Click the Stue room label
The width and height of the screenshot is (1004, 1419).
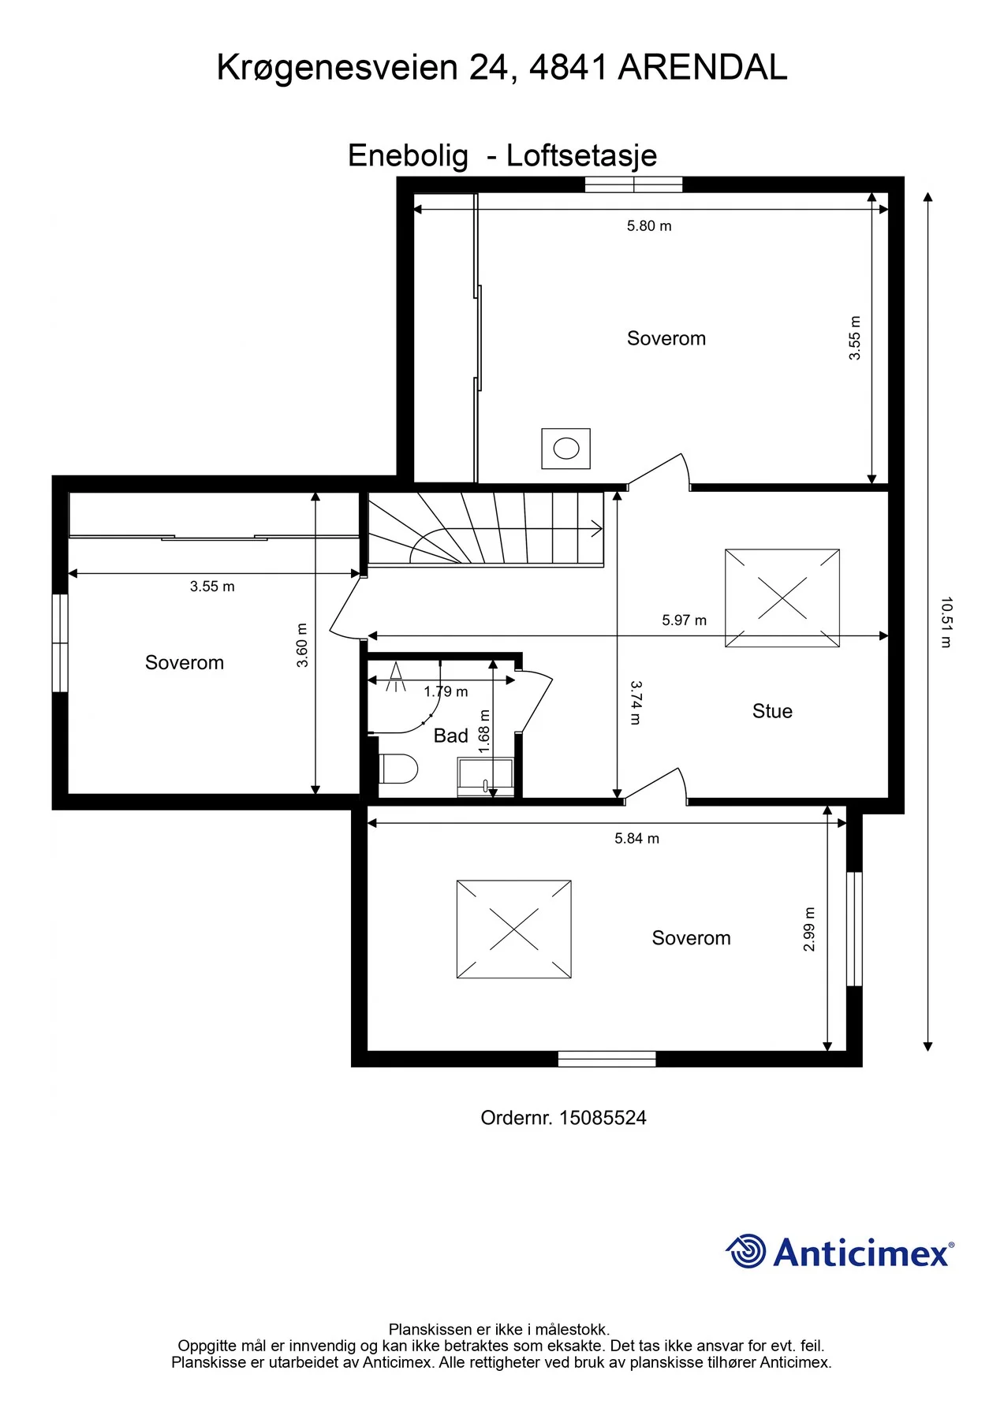[772, 711]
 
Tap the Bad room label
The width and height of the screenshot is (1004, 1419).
[450, 736]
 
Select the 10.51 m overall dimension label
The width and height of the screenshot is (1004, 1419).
[946, 622]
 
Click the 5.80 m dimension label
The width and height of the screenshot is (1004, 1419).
[649, 226]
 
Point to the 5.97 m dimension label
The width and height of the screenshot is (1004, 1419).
[684, 620]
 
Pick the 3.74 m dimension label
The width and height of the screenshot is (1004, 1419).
[636, 702]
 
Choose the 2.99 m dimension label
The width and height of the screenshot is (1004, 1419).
[809, 929]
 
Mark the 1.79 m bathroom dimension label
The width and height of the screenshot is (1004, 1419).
[446, 691]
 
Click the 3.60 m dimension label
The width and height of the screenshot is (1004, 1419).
[302, 645]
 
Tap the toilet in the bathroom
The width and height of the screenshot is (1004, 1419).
[398, 769]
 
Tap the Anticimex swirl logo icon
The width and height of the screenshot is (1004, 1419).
[745, 1251]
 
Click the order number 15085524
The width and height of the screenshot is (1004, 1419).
[603, 1118]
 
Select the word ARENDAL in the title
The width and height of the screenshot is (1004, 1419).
[703, 68]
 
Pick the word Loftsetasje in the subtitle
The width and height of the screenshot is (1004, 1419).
[581, 156]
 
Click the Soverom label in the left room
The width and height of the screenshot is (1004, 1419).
[185, 663]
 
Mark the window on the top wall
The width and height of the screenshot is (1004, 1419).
[633, 184]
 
